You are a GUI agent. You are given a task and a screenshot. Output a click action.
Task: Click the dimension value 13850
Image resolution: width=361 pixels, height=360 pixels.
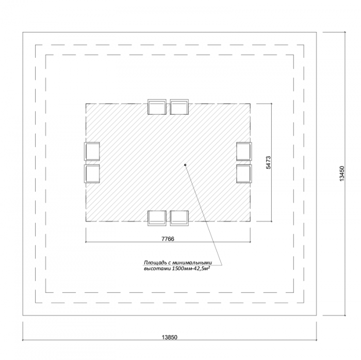coord(170,337)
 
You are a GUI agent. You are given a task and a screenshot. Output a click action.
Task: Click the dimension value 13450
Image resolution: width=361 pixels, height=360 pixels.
coord(342,173)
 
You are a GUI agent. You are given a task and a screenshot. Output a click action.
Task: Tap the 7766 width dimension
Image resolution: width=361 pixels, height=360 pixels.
coord(168,239)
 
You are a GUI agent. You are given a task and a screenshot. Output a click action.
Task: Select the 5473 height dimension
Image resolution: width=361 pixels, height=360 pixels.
coord(269,162)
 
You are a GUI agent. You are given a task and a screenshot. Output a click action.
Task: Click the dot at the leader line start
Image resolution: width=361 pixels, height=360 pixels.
coord(185,165)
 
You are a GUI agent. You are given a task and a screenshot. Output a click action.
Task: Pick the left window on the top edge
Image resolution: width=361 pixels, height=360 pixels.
coord(157,107)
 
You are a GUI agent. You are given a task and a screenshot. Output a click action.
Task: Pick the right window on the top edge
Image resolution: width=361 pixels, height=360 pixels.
coord(179,107)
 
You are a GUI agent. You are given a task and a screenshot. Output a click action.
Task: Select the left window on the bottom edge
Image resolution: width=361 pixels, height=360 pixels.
coord(157,218)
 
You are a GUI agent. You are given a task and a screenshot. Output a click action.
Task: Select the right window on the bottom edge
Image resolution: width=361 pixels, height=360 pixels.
coord(179,218)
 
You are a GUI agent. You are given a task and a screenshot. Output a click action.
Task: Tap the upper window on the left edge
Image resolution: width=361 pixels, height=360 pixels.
coord(92,151)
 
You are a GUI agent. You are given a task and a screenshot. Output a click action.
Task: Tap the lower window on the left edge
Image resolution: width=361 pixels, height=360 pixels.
coord(92,174)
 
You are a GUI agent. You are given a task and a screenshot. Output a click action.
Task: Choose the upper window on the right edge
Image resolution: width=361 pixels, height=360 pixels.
coord(244,151)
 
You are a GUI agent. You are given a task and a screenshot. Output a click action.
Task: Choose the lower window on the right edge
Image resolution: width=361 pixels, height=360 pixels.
coord(244,174)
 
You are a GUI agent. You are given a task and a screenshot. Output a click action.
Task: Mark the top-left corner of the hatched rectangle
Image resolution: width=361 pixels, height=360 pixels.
coord(86,104)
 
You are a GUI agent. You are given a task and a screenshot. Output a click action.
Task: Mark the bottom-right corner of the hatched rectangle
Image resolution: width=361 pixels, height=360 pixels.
coord(251,221)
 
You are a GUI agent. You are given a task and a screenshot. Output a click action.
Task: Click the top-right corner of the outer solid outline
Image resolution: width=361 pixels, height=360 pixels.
coord(317,32)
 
